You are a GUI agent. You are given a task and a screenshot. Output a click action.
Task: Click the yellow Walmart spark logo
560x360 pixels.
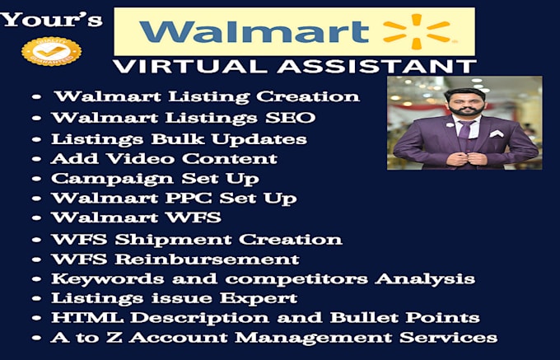coord(416,31)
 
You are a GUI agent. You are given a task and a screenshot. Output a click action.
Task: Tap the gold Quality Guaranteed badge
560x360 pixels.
coord(51,51)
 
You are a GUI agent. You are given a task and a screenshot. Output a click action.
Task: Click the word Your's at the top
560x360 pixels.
coord(51,20)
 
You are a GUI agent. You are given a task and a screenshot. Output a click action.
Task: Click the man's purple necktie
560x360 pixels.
coord(464,129)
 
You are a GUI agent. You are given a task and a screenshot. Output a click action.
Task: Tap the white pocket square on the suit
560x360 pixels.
coord(497,133)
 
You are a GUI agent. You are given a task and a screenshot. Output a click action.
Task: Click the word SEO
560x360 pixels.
coord(291,118)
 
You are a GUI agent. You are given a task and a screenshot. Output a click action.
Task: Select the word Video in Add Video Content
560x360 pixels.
coord(141,158)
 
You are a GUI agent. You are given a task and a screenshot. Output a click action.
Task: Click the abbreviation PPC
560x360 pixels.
coord(189,199)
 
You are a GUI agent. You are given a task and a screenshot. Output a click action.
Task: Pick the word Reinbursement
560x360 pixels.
coord(208,259)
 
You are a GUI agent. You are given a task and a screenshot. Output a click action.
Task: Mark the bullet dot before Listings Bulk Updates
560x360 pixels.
coord(37,139)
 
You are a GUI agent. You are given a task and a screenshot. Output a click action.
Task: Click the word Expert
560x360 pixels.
coord(259,298)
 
